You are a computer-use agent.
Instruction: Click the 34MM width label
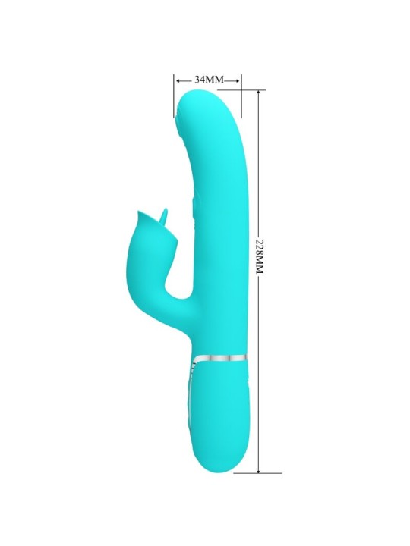(207, 79)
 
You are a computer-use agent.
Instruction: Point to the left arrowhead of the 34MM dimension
(177, 79)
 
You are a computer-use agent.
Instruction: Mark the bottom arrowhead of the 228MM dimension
(260, 469)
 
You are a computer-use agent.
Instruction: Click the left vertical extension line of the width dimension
(174, 95)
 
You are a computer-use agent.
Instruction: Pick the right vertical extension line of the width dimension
(241, 95)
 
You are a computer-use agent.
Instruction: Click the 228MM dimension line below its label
(260, 364)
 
